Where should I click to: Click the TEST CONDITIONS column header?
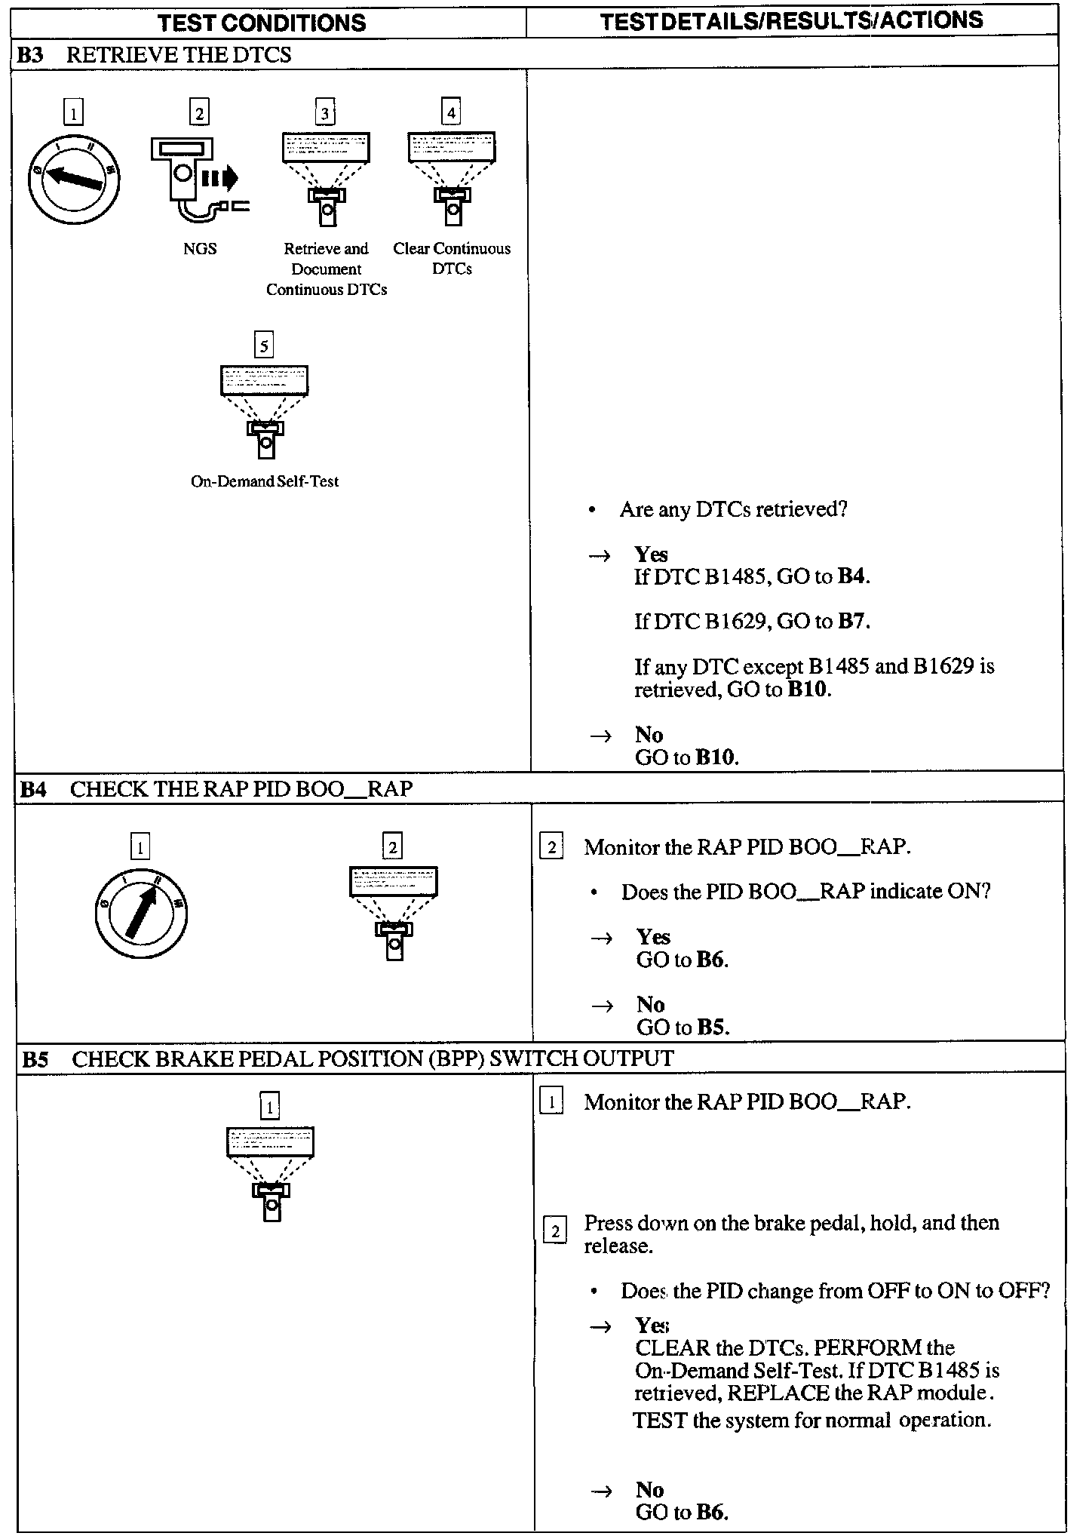(x=262, y=23)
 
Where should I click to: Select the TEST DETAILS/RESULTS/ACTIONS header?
(x=792, y=20)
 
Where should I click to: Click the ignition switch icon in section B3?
(x=74, y=179)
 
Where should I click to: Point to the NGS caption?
(x=200, y=249)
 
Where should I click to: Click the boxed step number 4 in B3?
(x=450, y=113)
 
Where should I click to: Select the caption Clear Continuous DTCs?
(x=452, y=259)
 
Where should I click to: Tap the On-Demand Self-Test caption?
(x=265, y=481)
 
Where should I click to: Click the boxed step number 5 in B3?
(x=263, y=346)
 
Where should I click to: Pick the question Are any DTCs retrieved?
(x=733, y=510)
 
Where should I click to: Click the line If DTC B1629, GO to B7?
(x=752, y=622)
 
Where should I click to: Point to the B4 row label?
(x=32, y=789)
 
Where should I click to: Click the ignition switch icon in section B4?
(x=141, y=913)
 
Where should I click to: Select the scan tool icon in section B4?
(x=393, y=912)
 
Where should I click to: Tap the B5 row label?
(x=35, y=1059)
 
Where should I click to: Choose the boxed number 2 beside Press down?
(x=555, y=1232)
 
